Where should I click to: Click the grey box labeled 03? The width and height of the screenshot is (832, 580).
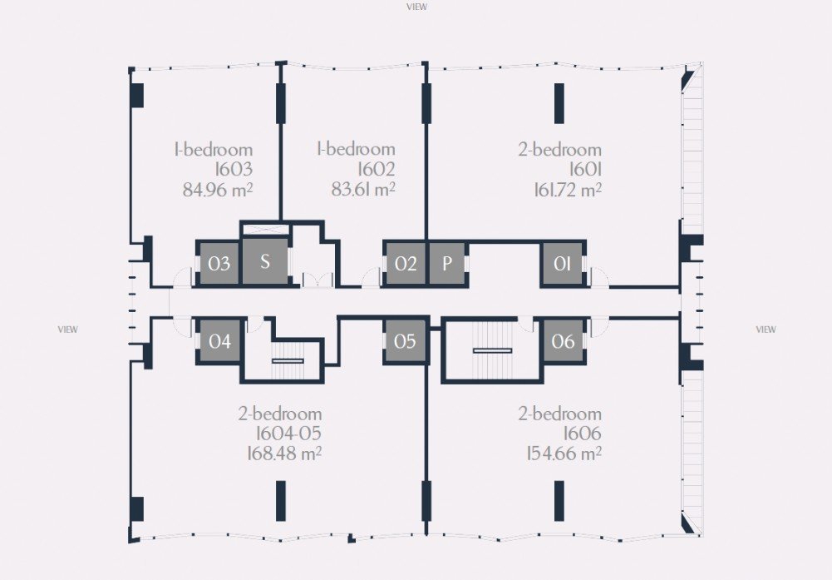pyautogui.click(x=219, y=264)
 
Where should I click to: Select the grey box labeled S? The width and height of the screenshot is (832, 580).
pyautogui.click(x=265, y=261)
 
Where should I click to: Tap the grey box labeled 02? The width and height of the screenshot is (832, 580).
pyautogui.click(x=406, y=264)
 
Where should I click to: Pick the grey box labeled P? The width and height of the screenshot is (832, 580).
pyautogui.click(x=447, y=264)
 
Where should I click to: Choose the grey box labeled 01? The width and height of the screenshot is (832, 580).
pyautogui.click(x=562, y=264)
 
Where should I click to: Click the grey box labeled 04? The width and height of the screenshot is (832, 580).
pyautogui.click(x=219, y=341)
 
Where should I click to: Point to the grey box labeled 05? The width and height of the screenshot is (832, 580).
pyautogui.click(x=406, y=341)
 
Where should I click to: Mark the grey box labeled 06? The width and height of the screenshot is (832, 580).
pyautogui.click(x=563, y=341)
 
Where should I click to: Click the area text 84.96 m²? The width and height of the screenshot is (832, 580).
pyautogui.click(x=218, y=190)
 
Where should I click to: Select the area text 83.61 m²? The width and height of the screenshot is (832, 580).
pyautogui.click(x=363, y=189)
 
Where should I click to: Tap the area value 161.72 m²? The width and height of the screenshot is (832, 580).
pyautogui.click(x=568, y=190)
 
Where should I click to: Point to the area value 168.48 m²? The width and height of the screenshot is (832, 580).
pyautogui.click(x=284, y=454)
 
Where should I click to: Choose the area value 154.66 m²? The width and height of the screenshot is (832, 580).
pyautogui.click(x=564, y=454)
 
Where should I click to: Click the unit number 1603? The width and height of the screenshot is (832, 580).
pyautogui.click(x=234, y=170)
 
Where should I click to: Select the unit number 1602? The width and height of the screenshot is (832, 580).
pyautogui.click(x=377, y=170)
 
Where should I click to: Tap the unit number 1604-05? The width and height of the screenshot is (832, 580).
pyautogui.click(x=288, y=434)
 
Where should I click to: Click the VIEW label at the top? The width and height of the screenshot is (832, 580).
pyautogui.click(x=416, y=7)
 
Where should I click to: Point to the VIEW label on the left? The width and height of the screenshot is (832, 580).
pyautogui.click(x=68, y=330)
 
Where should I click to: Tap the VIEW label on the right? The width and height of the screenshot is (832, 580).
pyautogui.click(x=766, y=330)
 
